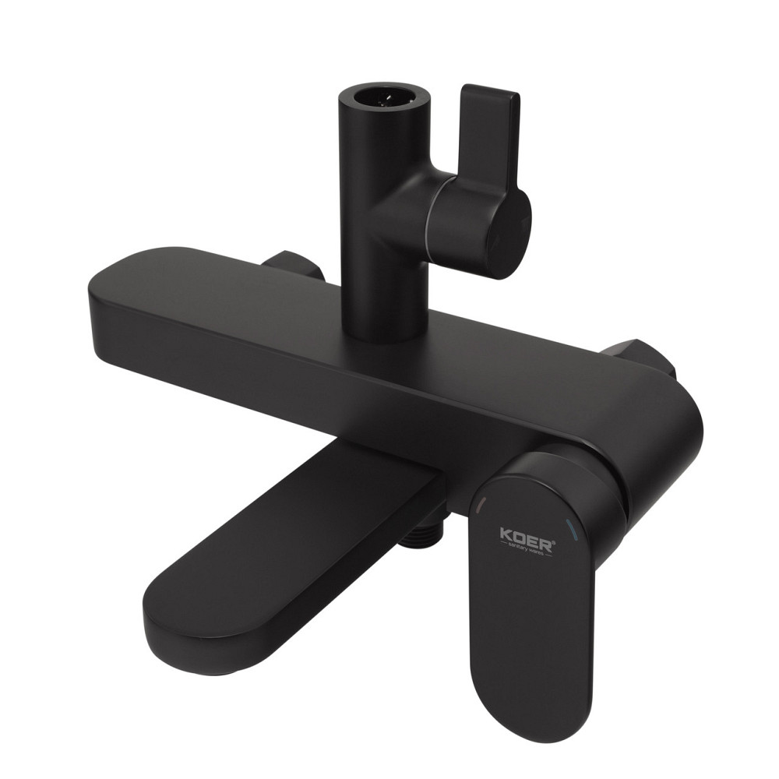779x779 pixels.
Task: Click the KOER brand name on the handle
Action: [x=526, y=538]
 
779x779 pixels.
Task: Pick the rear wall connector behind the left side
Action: [x=292, y=265]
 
